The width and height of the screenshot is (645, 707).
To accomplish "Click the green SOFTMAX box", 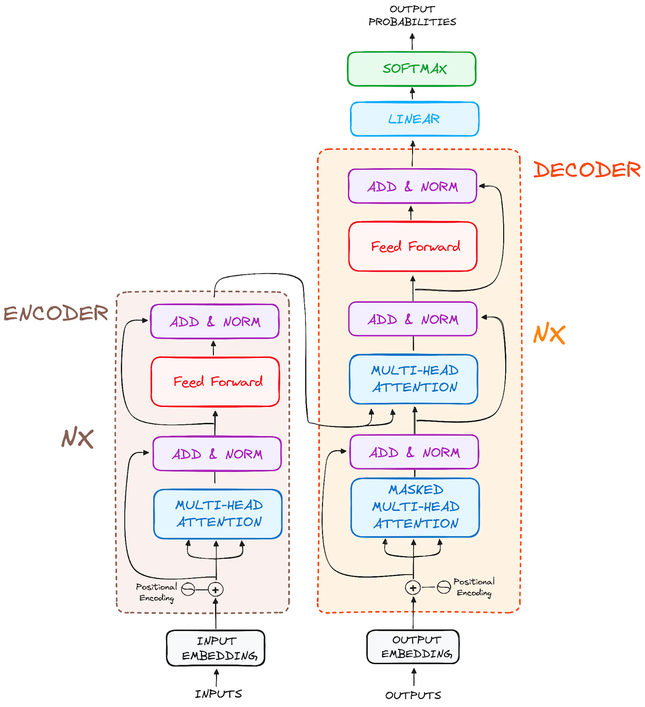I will point(412,69).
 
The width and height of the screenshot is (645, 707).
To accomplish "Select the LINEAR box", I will point(414,119).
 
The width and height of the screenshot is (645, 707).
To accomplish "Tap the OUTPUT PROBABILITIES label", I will point(412,15).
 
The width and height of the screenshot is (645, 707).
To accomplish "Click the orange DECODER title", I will point(587,170).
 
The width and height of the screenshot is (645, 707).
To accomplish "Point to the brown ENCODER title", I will point(56,314).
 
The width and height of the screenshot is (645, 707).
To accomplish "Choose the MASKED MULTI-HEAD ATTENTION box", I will point(415,507).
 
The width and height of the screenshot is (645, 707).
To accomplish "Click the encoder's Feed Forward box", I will point(216,382).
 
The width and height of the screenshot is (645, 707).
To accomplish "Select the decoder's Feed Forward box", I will point(413,247).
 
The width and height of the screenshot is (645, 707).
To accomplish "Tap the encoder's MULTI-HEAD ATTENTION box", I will point(218,514).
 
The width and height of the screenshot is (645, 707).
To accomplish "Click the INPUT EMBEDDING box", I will point(216,648).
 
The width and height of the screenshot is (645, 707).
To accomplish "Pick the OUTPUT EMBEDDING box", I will point(413,646).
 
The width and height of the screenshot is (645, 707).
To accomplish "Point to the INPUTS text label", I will point(218,694).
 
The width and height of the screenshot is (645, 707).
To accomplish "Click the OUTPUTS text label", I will point(413,695).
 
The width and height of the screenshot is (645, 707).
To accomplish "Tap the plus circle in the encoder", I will point(216,589).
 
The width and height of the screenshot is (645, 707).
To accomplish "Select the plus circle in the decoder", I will point(413,588).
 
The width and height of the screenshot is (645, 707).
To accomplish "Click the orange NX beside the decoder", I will point(549,334).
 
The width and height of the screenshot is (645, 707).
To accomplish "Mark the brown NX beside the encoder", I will point(77,438).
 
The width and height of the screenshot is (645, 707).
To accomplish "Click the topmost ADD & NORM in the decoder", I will point(412,186).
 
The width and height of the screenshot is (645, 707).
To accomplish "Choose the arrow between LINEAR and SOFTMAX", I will point(412,94).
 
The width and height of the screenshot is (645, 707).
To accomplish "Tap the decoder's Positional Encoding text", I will point(474,587).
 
